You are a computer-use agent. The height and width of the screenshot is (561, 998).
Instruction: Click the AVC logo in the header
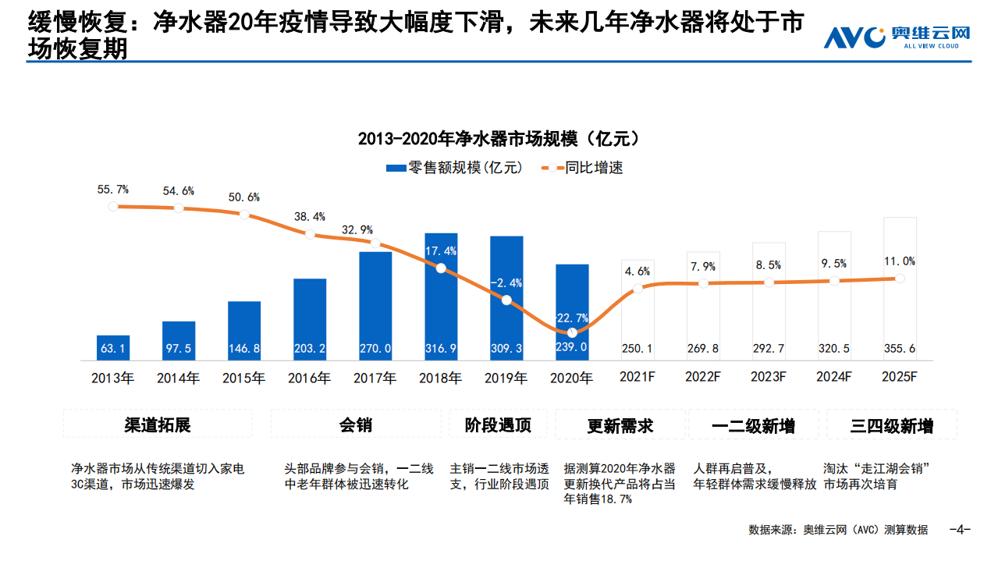pos(897,37)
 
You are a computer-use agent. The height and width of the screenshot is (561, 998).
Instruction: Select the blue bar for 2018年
pos(441,296)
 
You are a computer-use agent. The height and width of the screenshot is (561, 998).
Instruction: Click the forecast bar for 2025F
pos(899,289)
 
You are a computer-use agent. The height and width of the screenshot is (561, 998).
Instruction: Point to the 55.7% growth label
pos(113,190)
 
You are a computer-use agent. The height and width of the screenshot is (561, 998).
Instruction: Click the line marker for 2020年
pos(572,332)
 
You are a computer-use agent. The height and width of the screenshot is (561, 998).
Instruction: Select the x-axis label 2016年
pos(309,378)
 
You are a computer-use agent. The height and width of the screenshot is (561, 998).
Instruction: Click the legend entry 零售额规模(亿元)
pos(455,168)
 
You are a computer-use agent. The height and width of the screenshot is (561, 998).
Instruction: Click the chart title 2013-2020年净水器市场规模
pos(499,139)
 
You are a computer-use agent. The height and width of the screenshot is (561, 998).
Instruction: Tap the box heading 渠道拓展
pos(158,425)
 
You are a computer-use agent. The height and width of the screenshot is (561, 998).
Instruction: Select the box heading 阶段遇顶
pos(498,425)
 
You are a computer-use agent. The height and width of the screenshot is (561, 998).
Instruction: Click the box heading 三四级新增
pos(891,425)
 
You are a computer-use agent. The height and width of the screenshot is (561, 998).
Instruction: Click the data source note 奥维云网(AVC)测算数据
pos(838,530)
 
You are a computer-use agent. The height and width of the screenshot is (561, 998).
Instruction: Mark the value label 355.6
pos(899,348)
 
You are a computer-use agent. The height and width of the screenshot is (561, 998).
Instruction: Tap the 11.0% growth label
pos(899,261)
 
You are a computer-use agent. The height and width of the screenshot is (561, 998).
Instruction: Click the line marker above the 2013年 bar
pos(113,206)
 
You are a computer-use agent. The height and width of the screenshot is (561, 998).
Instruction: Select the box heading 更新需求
pos(620,425)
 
